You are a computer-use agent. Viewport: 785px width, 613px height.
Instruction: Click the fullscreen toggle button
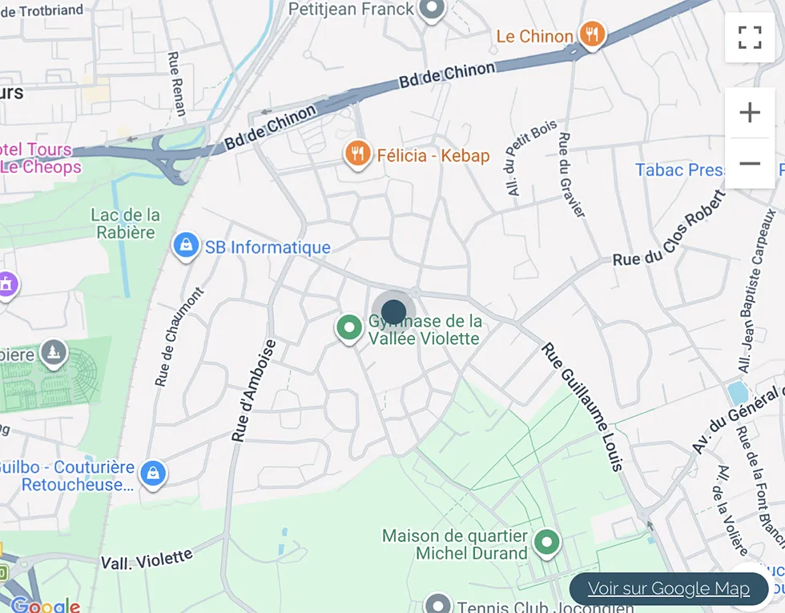[x=749, y=37]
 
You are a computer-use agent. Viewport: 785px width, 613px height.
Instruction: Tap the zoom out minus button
[x=749, y=164]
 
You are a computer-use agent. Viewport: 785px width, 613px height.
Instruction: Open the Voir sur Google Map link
[x=669, y=589]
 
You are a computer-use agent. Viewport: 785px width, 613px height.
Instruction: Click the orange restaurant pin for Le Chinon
[x=592, y=34]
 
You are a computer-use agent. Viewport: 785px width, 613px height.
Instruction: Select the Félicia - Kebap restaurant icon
[x=357, y=153]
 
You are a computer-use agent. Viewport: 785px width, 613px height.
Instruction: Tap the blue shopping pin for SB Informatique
[x=186, y=246]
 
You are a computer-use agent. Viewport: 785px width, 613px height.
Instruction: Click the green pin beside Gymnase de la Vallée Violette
[x=348, y=327]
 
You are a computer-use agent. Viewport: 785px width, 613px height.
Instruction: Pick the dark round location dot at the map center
[x=393, y=311]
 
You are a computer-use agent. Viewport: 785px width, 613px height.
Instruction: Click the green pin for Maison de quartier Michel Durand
[x=547, y=542]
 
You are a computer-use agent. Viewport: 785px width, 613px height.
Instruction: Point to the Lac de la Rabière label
[x=125, y=223]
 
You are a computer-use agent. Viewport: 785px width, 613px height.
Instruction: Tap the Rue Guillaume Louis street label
[x=582, y=407]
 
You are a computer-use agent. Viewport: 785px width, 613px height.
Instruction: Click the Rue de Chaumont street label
[x=179, y=336]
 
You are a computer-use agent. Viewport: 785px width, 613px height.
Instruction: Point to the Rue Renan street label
[x=176, y=84]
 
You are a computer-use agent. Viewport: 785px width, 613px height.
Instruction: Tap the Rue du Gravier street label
[x=572, y=174]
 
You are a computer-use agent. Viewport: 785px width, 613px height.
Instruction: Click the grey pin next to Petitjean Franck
[x=433, y=9]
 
